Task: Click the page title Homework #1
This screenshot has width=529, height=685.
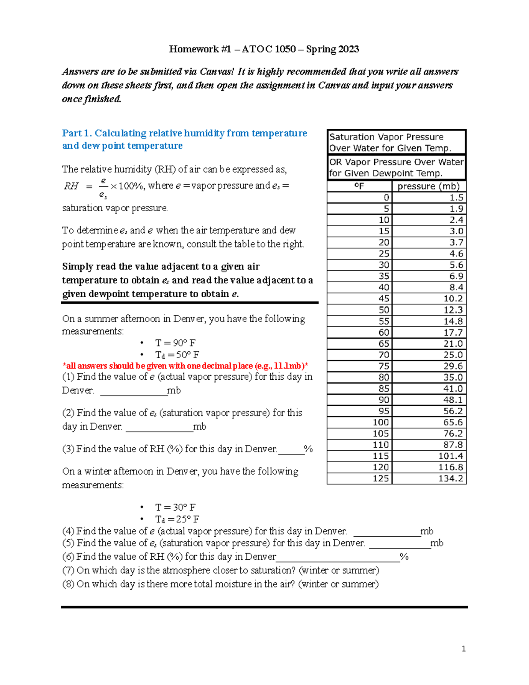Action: (264, 49)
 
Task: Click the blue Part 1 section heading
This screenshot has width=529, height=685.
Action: (184, 139)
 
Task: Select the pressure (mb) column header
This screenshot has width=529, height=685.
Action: (428, 186)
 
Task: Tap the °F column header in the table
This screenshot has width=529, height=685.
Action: (359, 186)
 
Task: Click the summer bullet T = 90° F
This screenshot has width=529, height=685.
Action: (175, 343)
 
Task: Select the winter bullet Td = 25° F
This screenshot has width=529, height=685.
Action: (177, 519)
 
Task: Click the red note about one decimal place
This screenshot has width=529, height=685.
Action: (185, 366)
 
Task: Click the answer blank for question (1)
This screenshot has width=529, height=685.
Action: (134, 391)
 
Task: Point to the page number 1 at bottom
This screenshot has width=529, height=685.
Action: (463, 648)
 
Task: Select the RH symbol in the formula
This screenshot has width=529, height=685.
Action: (71, 186)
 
